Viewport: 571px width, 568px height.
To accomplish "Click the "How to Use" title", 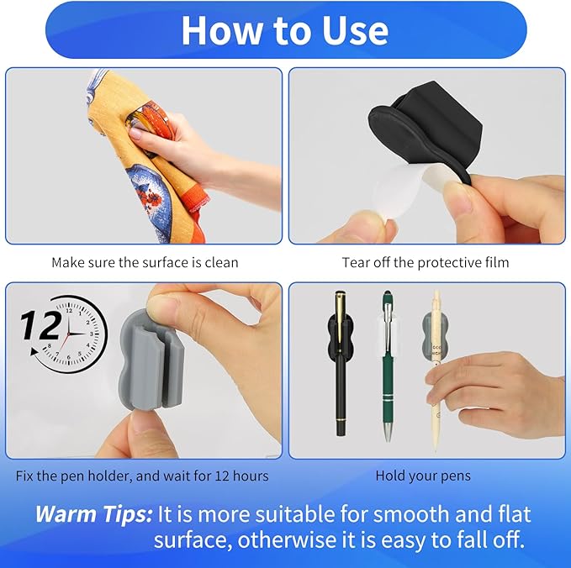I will tap(284, 30).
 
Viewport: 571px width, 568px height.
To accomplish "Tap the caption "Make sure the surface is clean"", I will tap(145, 262).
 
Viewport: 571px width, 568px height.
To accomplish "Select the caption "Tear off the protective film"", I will tap(425, 262).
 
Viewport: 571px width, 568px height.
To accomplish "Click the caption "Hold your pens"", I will tap(423, 476).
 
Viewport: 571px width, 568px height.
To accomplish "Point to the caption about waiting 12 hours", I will tap(142, 476).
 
